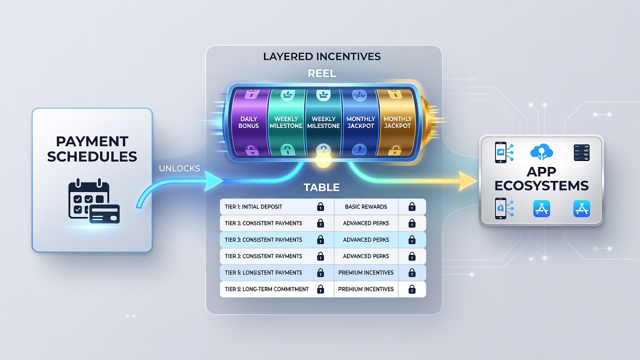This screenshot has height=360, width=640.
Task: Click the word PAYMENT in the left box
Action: tap(92, 141)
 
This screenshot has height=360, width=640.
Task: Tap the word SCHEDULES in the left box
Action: tap(92, 156)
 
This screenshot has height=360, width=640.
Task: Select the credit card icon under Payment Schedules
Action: tap(104, 214)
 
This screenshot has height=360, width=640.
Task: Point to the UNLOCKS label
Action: tap(179, 168)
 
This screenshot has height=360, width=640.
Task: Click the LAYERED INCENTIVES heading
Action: tap(322, 56)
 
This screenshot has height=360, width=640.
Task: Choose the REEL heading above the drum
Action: tap(322, 73)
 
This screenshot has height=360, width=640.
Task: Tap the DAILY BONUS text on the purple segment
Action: tap(248, 122)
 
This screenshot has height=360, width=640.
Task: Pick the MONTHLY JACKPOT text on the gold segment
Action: tap(397, 122)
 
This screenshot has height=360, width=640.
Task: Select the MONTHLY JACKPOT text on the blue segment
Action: tap(360, 122)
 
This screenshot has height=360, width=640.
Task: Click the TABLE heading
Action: tap(321, 187)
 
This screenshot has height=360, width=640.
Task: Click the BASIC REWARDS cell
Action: tap(366, 206)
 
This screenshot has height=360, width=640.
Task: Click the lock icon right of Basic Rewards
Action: tap(411, 206)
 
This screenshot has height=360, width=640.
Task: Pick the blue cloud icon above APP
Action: tap(541, 151)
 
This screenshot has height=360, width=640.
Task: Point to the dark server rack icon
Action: tap(581, 152)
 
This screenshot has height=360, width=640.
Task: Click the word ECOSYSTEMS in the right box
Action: tap(541, 185)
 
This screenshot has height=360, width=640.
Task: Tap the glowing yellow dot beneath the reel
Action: tap(323, 160)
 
